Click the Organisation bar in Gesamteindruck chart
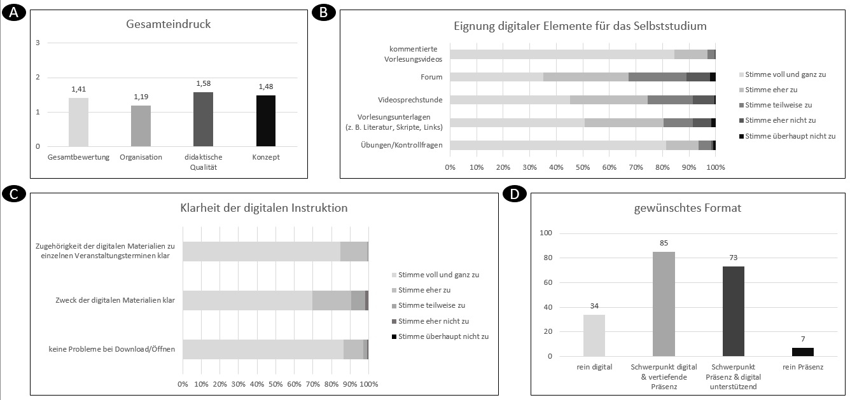141,126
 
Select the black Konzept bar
266,121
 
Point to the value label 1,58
204,84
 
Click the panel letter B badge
323,12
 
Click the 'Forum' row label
433,77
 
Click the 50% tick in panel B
583,167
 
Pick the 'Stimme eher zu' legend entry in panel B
771,90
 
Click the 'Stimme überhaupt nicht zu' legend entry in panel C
440,336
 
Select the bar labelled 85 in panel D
664,304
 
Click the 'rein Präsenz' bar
803,352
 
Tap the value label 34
594,307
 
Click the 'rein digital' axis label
594,367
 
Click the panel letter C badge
12,195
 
